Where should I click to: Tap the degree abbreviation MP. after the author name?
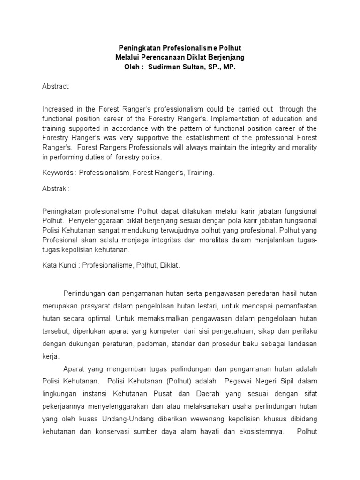[227, 67]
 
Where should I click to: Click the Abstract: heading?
[56, 87]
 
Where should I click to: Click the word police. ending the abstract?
[150, 157]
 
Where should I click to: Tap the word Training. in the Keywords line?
[201, 173]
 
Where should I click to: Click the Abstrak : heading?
[56, 189]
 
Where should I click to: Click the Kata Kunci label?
[58, 265]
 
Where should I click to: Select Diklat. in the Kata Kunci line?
[170, 265]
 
